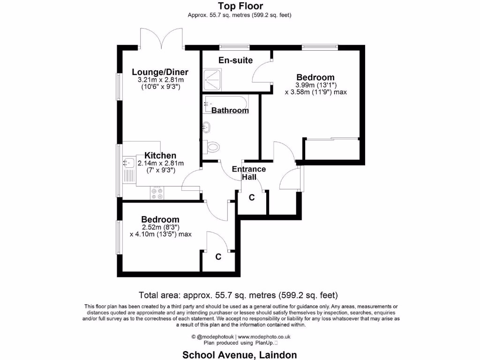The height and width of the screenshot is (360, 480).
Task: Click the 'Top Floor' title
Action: coord(240,6)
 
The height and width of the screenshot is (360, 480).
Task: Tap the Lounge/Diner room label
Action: coord(160,72)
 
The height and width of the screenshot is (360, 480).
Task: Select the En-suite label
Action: coord(236,60)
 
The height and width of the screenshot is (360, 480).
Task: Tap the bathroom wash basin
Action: coord(206,127)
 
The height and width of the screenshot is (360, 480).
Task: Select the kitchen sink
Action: coord(127,163)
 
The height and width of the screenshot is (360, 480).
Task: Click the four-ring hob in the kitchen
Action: coord(157,193)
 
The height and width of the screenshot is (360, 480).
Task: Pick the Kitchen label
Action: coord(160,156)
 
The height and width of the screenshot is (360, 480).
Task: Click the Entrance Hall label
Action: coord(249,173)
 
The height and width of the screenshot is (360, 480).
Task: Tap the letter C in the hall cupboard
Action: coord(251,198)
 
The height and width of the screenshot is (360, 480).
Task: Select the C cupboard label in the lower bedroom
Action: coord(218,257)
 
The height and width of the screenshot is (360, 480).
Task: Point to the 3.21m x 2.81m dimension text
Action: coord(160,80)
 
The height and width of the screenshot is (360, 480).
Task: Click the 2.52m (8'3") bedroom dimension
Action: coord(160,227)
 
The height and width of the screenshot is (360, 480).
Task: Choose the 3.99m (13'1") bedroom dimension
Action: coord(315,85)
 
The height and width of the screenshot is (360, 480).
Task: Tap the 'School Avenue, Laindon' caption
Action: coord(240,355)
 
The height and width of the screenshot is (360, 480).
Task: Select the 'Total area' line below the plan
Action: coord(239,295)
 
